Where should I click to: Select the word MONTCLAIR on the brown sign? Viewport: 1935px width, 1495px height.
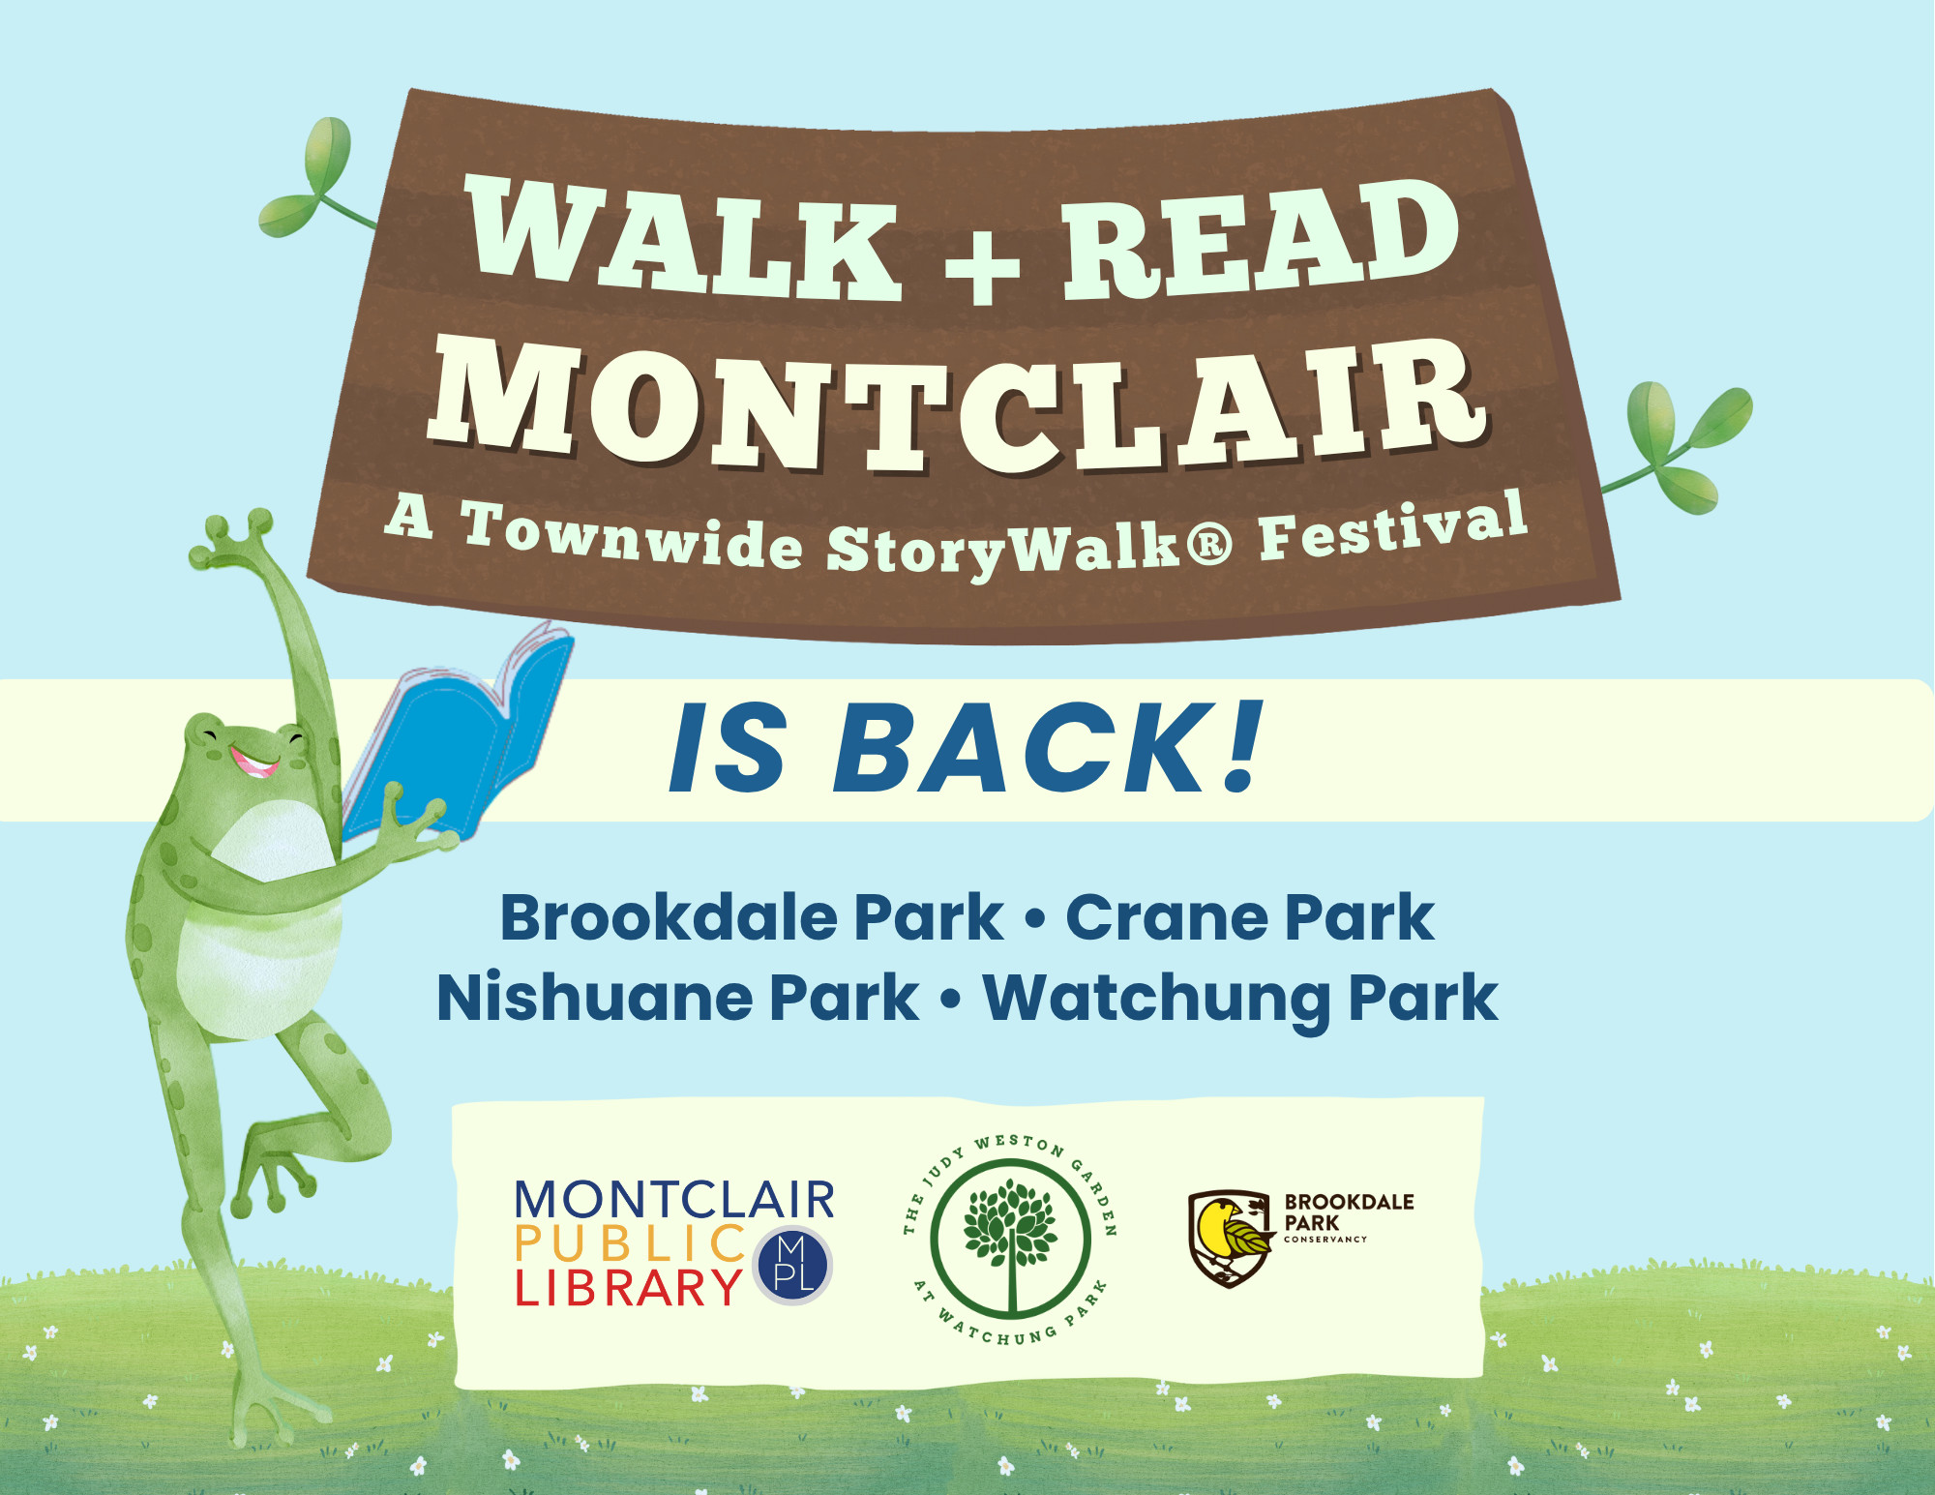coord(958,406)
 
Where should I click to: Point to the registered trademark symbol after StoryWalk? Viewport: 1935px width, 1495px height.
coord(1209,545)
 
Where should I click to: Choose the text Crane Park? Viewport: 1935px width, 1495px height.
coord(1249,917)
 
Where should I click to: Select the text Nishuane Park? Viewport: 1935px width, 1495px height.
coord(677,998)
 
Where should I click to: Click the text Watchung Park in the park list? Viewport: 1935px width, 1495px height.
coord(1240,1000)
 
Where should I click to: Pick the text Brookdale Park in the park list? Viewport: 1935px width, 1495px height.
coord(752,917)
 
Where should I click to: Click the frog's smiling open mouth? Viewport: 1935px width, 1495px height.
coord(253,762)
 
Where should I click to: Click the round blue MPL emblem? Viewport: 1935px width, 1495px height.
coord(793,1266)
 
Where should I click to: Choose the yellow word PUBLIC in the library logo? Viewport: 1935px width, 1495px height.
coord(630,1244)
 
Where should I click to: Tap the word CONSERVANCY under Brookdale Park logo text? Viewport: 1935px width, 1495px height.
coord(1325,1240)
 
